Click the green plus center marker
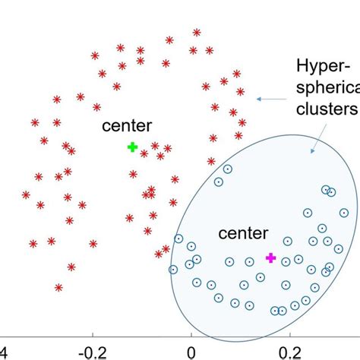click(x=132, y=147)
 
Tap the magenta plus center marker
click(x=270, y=258)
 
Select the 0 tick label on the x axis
click(x=191, y=352)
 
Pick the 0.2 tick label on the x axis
click(x=287, y=352)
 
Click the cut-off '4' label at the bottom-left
click(x=3, y=352)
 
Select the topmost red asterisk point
click(x=197, y=33)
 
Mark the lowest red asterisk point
click(x=58, y=287)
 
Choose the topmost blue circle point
click(x=227, y=168)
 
